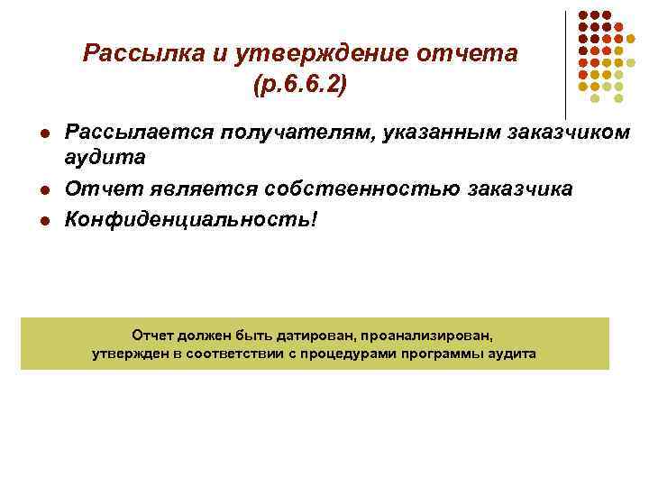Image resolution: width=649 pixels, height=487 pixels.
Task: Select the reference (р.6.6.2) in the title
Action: tap(300, 86)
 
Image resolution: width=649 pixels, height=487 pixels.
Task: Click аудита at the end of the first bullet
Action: tap(105, 158)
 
